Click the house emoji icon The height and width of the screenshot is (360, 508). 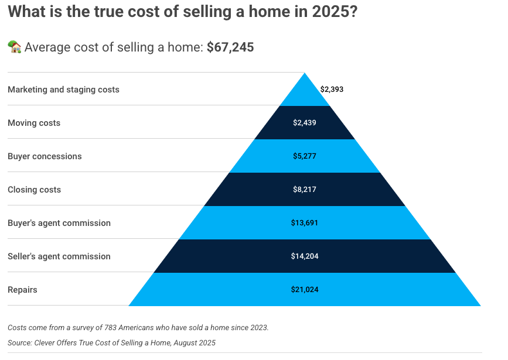(x=15, y=47)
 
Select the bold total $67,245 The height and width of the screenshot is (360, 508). (x=230, y=47)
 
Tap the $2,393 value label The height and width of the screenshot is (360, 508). (x=332, y=90)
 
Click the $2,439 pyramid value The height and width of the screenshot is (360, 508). (x=305, y=123)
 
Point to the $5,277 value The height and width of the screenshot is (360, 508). (x=305, y=156)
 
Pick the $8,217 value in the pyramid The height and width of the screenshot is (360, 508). (x=305, y=190)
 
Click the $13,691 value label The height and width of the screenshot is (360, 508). (x=305, y=223)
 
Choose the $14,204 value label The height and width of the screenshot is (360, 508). (x=305, y=256)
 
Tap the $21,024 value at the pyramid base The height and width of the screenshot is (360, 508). (x=305, y=289)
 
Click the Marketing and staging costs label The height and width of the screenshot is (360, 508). (x=63, y=90)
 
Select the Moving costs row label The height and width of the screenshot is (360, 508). (x=34, y=123)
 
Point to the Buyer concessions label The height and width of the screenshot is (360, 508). (x=45, y=156)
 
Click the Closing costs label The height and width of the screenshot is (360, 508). (x=35, y=190)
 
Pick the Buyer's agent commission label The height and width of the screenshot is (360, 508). (x=59, y=223)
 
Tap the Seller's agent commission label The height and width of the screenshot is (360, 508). (x=59, y=256)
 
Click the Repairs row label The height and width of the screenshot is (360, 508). (x=22, y=290)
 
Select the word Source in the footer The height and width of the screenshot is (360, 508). (x=20, y=343)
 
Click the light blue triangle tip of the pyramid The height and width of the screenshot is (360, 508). (x=305, y=73)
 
